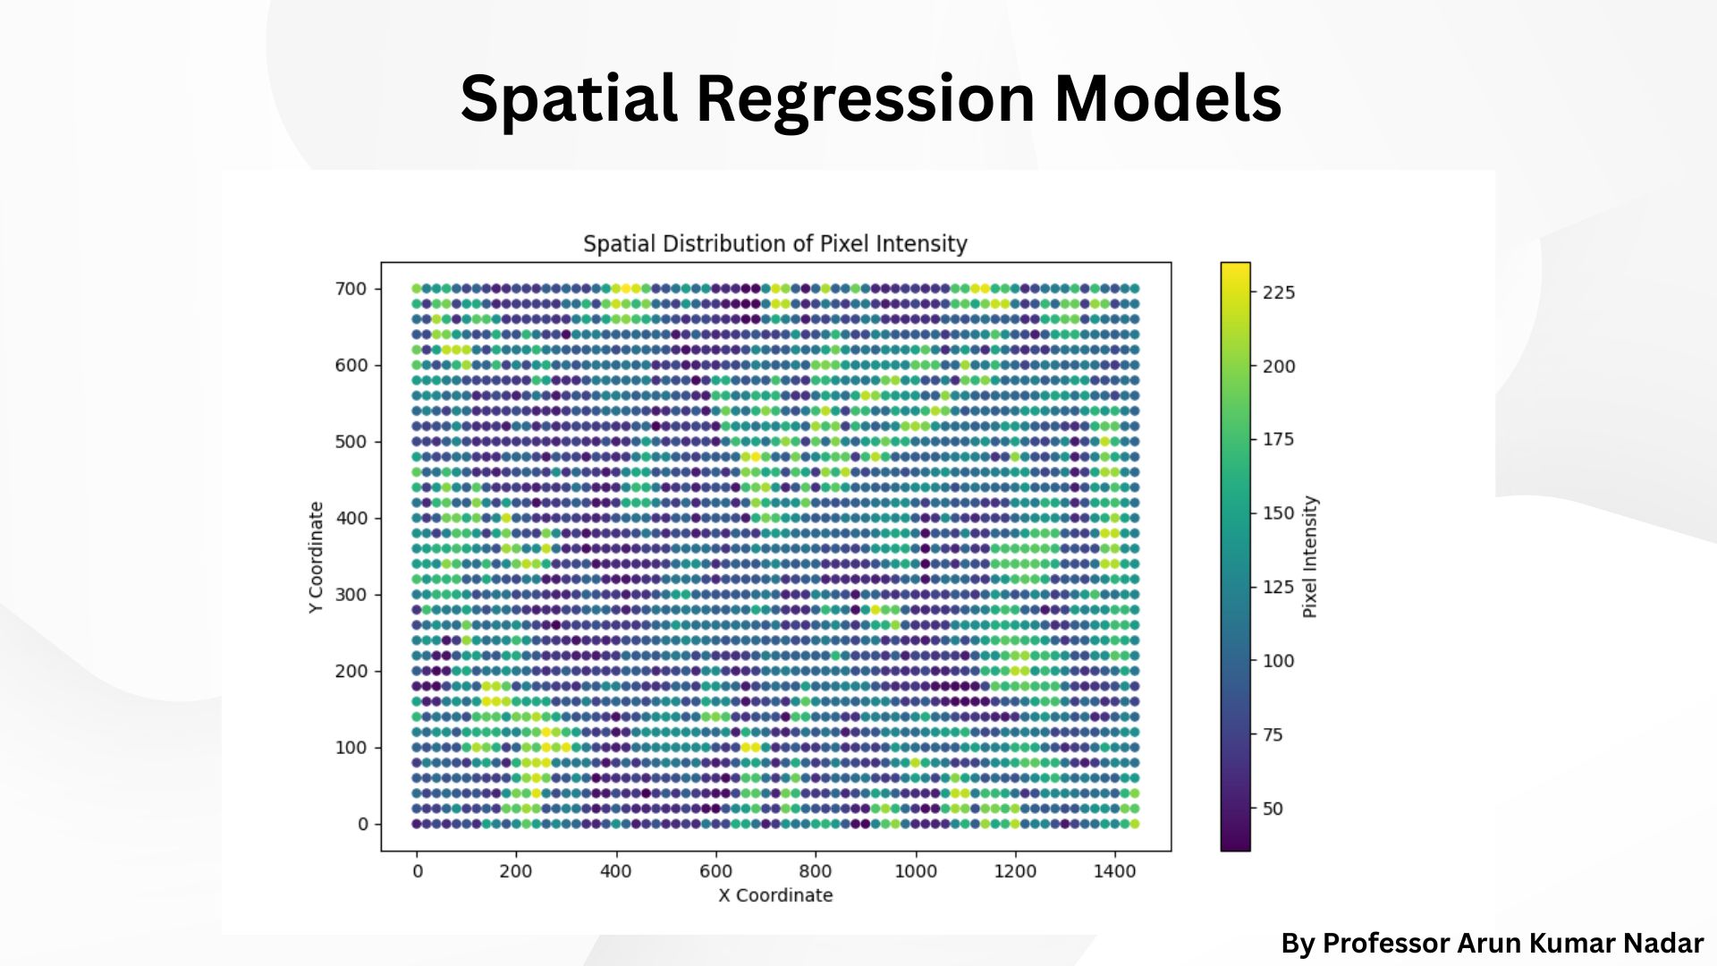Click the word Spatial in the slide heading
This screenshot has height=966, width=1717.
pos(569,98)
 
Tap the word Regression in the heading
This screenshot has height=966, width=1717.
pos(865,98)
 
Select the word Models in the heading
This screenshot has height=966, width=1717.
pos(1168,98)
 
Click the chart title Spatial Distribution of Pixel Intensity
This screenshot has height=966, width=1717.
pos(775,243)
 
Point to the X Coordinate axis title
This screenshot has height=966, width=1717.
pos(775,895)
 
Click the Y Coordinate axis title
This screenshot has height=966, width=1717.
pos(316,556)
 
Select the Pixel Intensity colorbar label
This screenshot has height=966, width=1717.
pos(1310,556)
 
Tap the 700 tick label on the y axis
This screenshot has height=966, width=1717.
pos(351,289)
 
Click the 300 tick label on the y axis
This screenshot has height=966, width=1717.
pos(351,595)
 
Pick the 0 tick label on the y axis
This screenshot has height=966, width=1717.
pos(362,824)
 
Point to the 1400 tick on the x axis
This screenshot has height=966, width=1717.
pos(1114,871)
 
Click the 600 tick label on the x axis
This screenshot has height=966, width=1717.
pos(715,871)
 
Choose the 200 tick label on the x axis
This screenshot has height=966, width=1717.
pos(516,871)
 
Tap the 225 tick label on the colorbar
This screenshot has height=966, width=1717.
pos(1279,292)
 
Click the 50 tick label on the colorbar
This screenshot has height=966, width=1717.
pos(1273,809)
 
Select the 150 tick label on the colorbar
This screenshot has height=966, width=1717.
pos(1279,513)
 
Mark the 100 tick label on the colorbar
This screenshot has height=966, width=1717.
pos(1279,661)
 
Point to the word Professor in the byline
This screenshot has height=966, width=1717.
pos(1385,944)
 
